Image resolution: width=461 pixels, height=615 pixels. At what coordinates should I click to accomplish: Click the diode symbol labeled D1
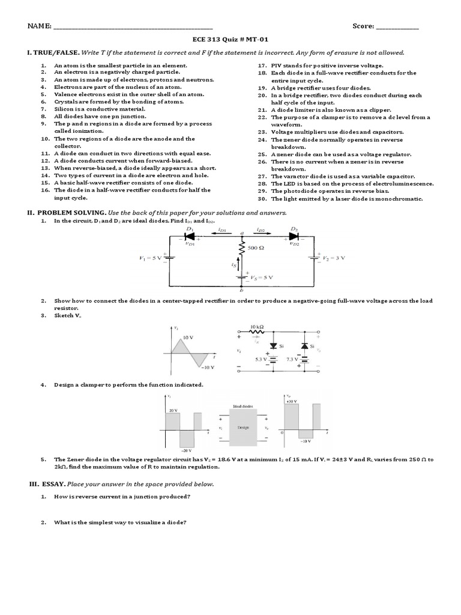click(190, 237)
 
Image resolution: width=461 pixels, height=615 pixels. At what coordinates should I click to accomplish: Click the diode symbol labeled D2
click(294, 237)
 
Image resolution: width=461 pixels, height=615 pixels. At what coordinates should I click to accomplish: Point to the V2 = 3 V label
click(332, 256)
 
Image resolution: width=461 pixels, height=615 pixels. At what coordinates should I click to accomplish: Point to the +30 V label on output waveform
click(293, 400)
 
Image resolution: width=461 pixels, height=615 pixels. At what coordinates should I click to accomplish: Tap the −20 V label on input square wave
click(187, 450)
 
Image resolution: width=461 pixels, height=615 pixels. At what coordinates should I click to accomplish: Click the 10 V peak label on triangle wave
click(188, 338)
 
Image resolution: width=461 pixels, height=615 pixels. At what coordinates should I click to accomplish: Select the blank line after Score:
click(397, 27)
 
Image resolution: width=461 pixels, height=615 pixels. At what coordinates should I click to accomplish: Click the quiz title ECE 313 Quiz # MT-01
click(230, 40)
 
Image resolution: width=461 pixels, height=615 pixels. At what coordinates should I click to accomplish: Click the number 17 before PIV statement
click(262, 65)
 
